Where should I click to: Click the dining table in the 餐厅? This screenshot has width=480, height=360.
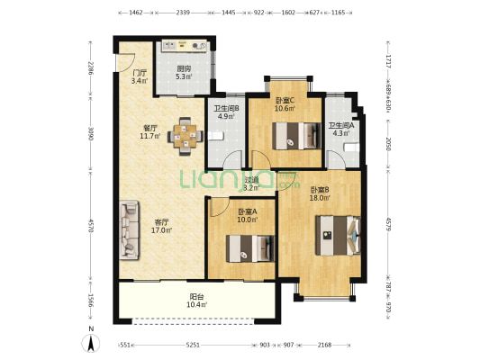point(186,137)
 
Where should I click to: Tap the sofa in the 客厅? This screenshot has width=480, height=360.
point(129,230)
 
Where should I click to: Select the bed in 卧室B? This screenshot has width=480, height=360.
point(338,236)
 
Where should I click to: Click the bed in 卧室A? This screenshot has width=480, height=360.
point(250,248)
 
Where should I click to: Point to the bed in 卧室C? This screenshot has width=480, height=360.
point(296,136)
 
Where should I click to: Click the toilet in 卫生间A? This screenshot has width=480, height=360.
point(351,148)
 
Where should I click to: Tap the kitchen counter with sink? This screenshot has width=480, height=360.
point(185,46)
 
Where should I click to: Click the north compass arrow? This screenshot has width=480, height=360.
point(91,343)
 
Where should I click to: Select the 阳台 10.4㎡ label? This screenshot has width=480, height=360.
point(197,301)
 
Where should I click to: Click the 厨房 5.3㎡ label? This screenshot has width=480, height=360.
point(184,73)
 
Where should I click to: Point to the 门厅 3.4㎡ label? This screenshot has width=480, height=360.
point(140,76)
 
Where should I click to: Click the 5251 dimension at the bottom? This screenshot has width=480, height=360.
point(193,345)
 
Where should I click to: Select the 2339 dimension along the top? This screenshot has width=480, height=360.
point(183,13)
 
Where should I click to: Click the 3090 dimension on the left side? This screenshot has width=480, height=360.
point(90,134)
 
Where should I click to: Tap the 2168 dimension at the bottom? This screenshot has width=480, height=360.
point(324,345)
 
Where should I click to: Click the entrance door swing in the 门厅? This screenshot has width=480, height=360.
point(125,63)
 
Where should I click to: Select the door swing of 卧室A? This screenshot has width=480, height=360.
point(220,208)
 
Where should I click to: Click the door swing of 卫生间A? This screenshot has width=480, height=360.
point(336,159)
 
